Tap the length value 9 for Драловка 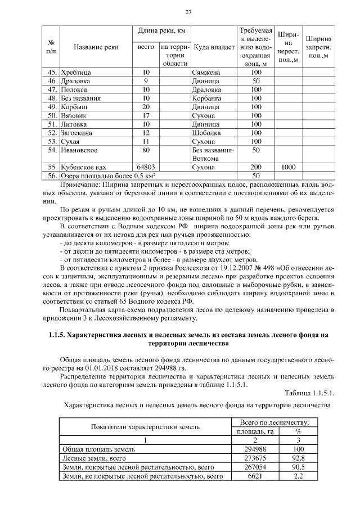(146, 81)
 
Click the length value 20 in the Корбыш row (146, 106)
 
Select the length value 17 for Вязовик (146, 115)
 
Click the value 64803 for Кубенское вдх (146, 167)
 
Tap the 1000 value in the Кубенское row (289, 167)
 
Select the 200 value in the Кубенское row (256, 167)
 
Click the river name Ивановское (79, 150)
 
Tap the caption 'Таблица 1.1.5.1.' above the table (309, 392)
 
